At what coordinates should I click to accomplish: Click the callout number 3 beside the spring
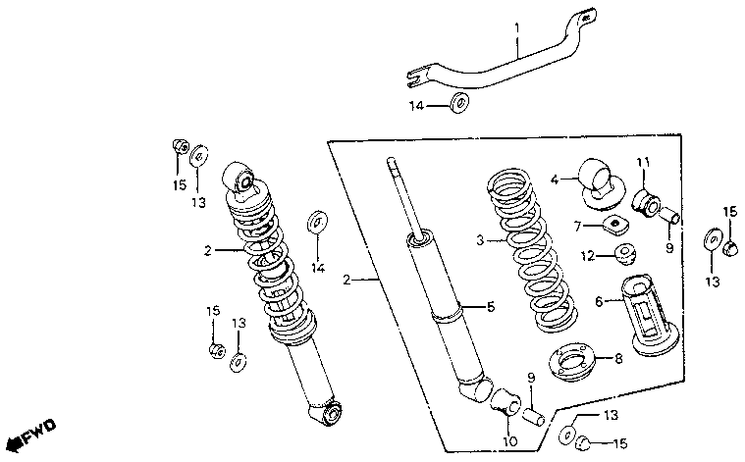tap(480, 240)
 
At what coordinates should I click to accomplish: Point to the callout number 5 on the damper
tap(490, 307)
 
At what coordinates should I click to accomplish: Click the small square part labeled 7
tap(616, 226)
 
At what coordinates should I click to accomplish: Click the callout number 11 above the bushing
tap(643, 162)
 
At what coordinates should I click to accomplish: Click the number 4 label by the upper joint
tap(555, 180)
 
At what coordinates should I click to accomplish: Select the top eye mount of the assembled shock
tap(241, 180)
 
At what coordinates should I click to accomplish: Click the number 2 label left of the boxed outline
tap(346, 281)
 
